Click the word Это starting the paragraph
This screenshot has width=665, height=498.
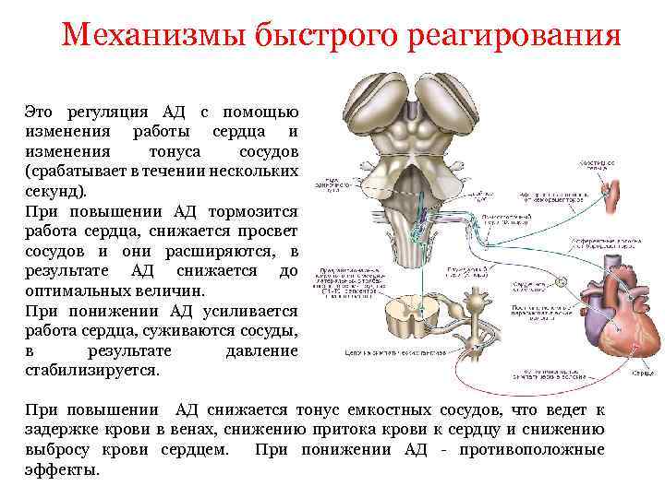point(42,112)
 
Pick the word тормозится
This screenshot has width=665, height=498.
point(254,211)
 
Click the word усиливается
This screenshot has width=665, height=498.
point(252,311)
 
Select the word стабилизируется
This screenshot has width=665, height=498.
point(92,371)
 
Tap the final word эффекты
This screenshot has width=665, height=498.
point(61,469)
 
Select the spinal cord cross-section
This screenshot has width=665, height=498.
point(404,323)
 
